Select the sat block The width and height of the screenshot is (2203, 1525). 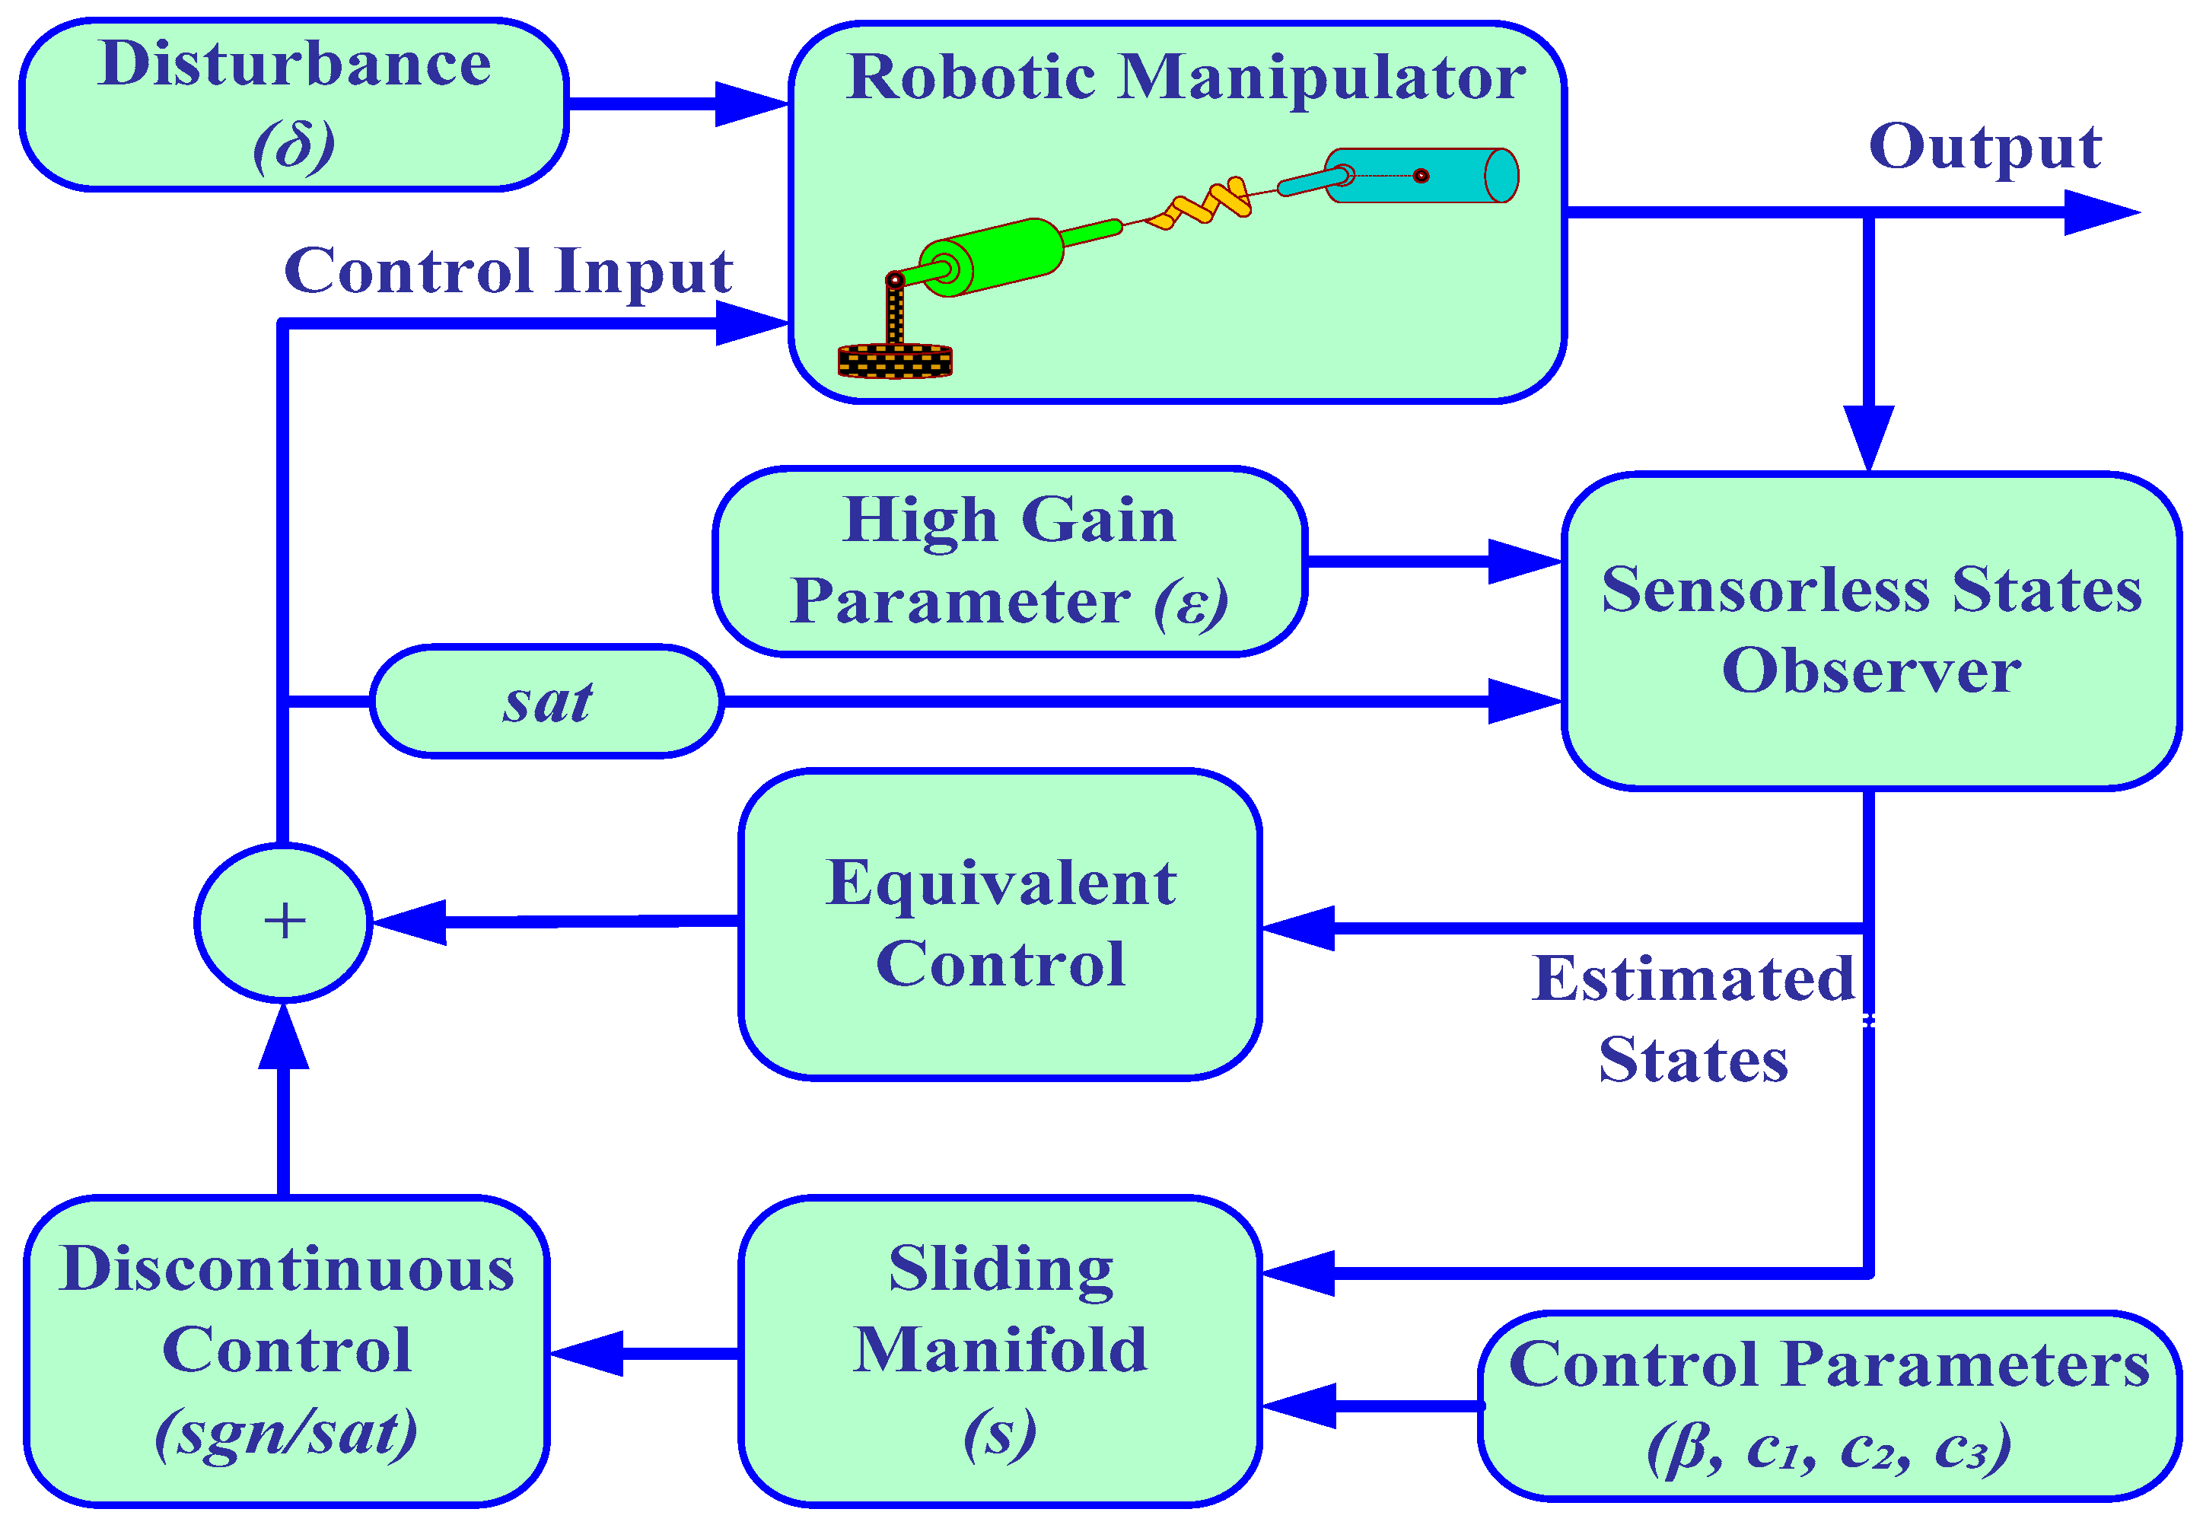pyautogui.click(x=546, y=702)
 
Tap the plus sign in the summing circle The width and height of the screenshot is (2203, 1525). pyautogui.click(x=284, y=922)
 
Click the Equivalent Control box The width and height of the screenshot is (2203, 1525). pyautogui.click(x=1000, y=924)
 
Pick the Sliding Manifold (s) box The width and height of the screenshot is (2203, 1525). pyautogui.click(x=1000, y=1350)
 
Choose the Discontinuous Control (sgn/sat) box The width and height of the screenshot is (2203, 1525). pyautogui.click(x=287, y=1350)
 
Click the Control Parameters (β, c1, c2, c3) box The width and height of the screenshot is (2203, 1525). pyautogui.click(x=1829, y=1405)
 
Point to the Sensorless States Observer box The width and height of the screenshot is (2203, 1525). pyautogui.click(x=1870, y=631)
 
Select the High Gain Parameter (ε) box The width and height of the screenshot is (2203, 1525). pyautogui.click(x=1010, y=561)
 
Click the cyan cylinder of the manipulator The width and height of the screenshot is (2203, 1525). pyautogui.click(x=1421, y=176)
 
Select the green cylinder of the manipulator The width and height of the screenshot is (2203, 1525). pyautogui.click(x=994, y=256)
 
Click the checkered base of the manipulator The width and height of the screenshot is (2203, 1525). pyautogui.click(x=895, y=360)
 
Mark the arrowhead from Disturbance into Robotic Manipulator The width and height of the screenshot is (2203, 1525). pyautogui.click(x=751, y=103)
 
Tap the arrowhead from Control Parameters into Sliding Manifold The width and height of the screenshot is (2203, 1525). pyautogui.click(x=1299, y=1406)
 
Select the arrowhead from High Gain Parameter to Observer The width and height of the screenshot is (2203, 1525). pyautogui.click(x=1523, y=561)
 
